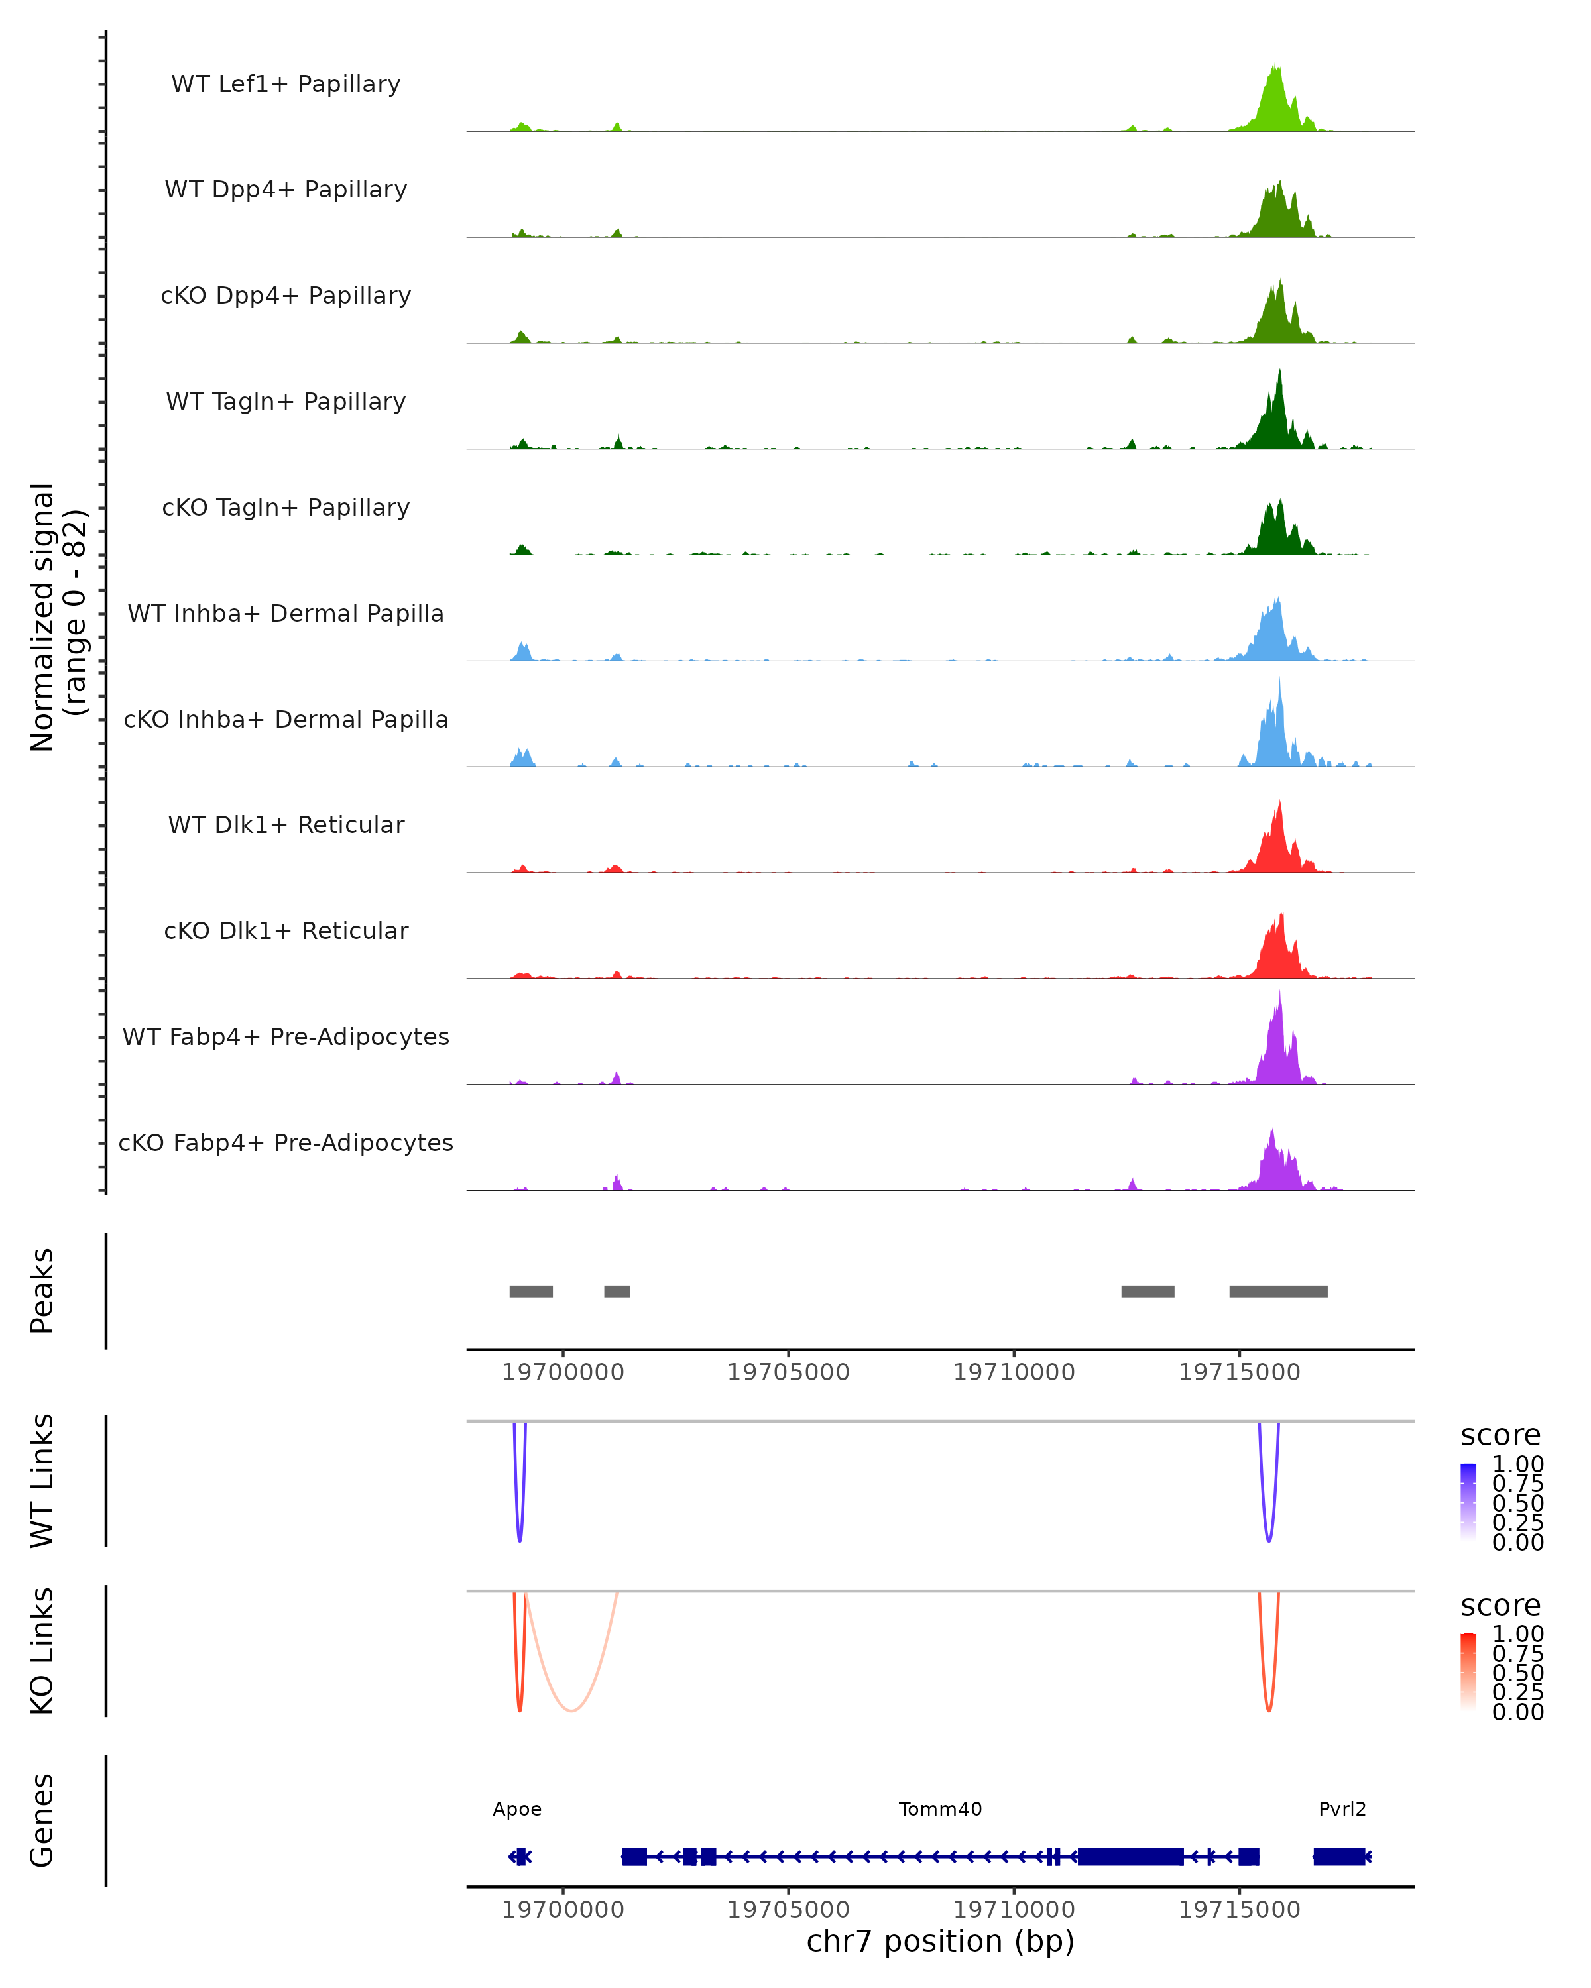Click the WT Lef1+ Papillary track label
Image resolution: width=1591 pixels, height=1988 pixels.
tap(286, 84)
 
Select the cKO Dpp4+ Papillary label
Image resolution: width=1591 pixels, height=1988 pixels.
tap(286, 296)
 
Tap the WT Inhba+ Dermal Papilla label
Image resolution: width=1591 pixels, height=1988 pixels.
tap(286, 614)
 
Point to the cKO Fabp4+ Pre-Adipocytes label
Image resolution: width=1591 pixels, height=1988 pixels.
tap(286, 1143)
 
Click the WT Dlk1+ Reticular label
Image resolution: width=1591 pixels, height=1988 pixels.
tap(286, 825)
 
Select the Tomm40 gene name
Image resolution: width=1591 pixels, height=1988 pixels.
tap(940, 1809)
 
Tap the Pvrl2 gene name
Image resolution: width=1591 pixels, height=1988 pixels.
tap(1342, 1809)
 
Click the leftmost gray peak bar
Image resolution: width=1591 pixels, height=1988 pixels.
tap(531, 1291)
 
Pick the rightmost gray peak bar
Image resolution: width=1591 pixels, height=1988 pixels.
tap(1278, 1291)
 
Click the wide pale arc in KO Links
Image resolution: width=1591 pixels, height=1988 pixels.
tap(572, 1710)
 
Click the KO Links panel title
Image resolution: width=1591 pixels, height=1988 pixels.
tap(42, 1651)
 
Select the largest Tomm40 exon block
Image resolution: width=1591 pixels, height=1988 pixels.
tap(1131, 1856)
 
